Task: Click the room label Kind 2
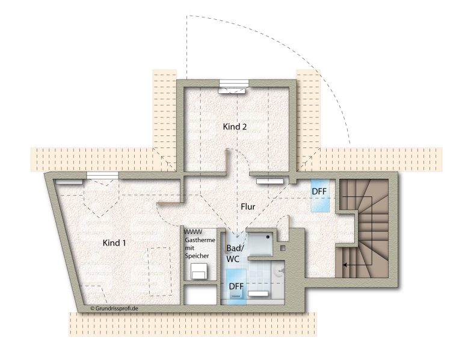pyautogui.click(x=235, y=127)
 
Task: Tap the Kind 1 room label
pyautogui.click(x=114, y=243)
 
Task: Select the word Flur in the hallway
pyautogui.click(x=248, y=206)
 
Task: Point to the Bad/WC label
pyautogui.click(x=235, y=253)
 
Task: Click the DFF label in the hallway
pyautogui.click(x=319, y=191)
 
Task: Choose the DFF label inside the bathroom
pyautogui.click(x=236, y=286)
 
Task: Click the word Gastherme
pyautogui.click(x=200, y=240)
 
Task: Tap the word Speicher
pyautogui.click(x=197, y=256)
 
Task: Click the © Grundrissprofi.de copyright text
pyautogui.click(x=114, y=308)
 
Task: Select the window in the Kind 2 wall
pyautogui.click(x=234, y=84)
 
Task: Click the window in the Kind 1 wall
pyautogui.click(x=102, y=175)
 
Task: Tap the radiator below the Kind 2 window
pyautogui.click(x=232, y=90)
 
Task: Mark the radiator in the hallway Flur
pyautogui.click(x=270, y=181)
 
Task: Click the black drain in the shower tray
pyautogui.click(x=268, y=237)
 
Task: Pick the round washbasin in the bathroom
pyautogui.click(x=279, y=270)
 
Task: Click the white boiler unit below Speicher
pyautogui.click(x=199, y=271)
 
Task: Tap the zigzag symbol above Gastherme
pyautogui.click(x=193, y=231)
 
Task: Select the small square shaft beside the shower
pyautogui.click(x=283, y=248)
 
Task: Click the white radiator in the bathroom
pyautogui.click(x=258, y=294)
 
